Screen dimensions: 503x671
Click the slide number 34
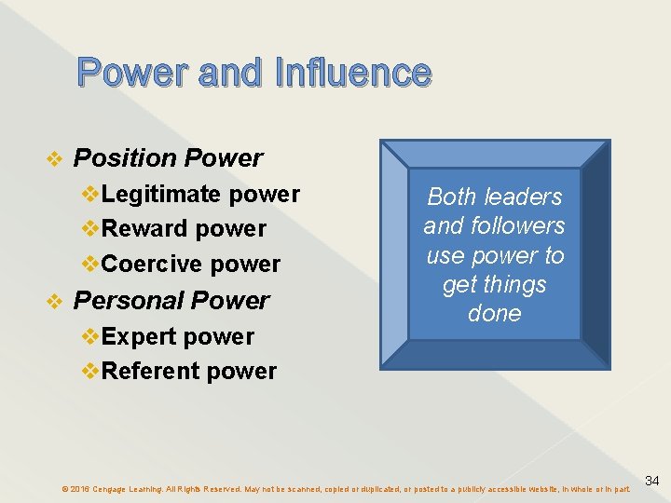click(x=652, y=481)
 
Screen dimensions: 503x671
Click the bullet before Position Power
click(x=54, y=159)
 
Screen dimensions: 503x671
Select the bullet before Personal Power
click(x=54, y=301)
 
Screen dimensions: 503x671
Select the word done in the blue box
click(x=494, y=313)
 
